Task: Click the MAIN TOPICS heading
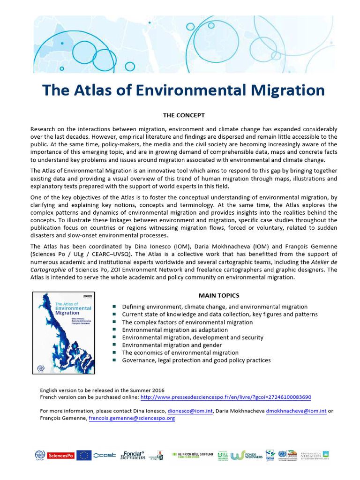point(219,295)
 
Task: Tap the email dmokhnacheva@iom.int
point(296,411)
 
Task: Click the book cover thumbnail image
point(63,333)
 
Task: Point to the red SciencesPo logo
point(62,455)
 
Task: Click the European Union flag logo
point(84,455)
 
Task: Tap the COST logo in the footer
point(105,455)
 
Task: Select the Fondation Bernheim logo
point(132,455)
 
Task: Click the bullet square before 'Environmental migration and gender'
point(115,345)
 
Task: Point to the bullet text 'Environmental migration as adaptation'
point(175,330)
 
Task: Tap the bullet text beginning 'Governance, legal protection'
point(196,360)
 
